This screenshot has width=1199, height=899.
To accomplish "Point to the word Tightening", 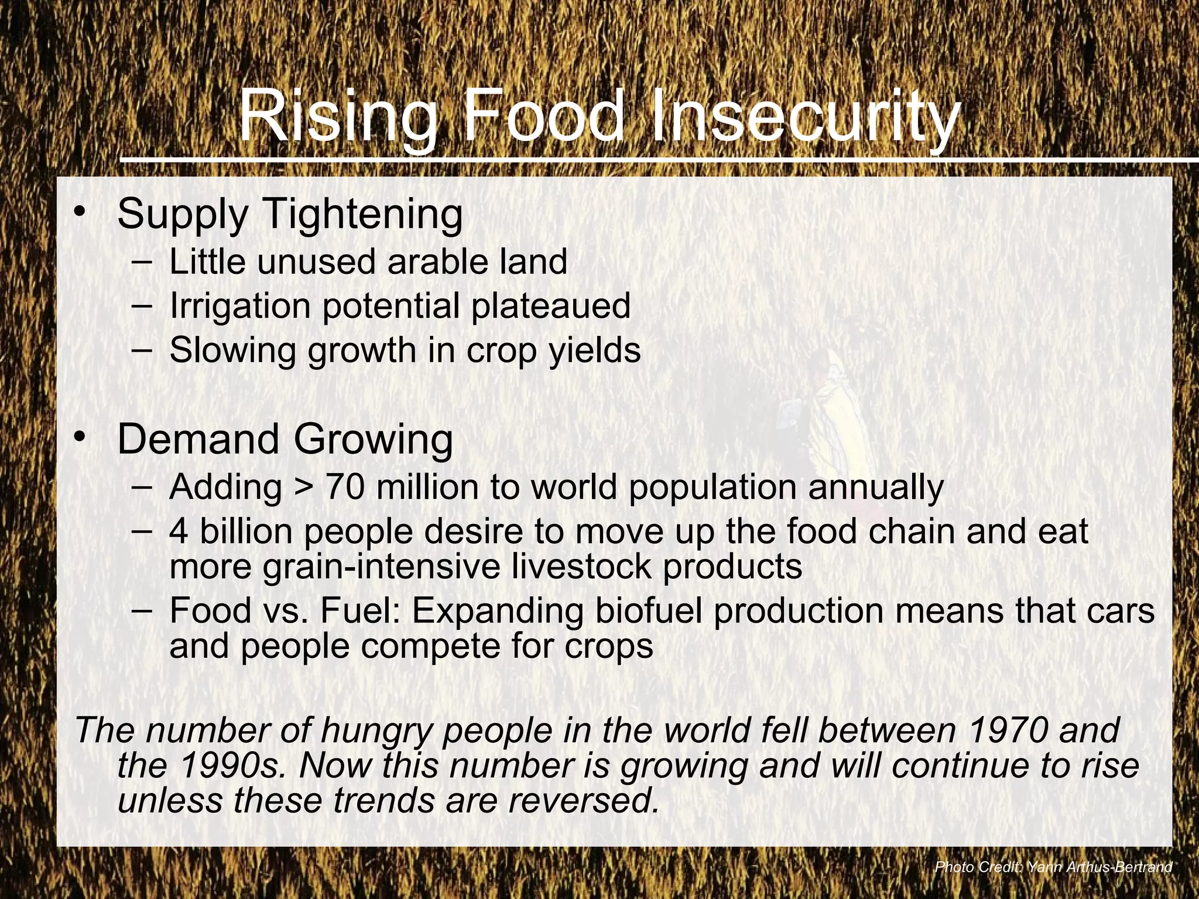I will [x=364, y=215].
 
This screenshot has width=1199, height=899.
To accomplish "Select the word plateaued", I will [x=550, y=306].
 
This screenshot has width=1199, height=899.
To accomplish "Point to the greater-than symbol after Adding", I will [x=303, y=488].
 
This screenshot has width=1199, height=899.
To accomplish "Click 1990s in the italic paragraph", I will [x=231, y=766].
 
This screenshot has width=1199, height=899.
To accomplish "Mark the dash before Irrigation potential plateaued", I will [x=142, y=305].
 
